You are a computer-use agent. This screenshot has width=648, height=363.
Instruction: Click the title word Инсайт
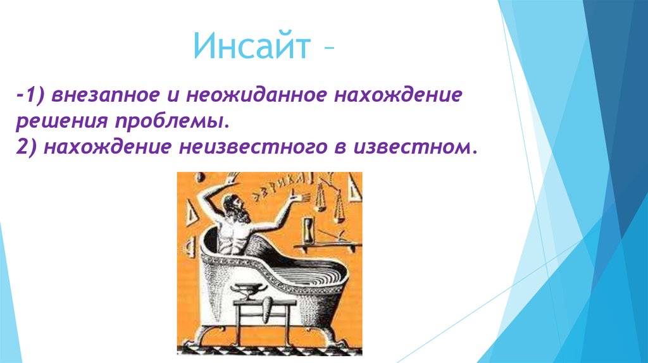[252, 46]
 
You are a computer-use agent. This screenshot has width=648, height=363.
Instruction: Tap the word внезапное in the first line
[105, 95]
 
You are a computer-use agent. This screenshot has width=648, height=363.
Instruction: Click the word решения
[62, 121]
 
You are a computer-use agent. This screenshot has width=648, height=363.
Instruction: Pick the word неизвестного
[253, 147]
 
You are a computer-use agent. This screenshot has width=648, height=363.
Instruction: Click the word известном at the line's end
[409, 147]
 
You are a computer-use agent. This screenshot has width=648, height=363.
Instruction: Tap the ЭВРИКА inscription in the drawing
[278, 186]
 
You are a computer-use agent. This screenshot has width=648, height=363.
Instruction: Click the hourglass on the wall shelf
[308, 231]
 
